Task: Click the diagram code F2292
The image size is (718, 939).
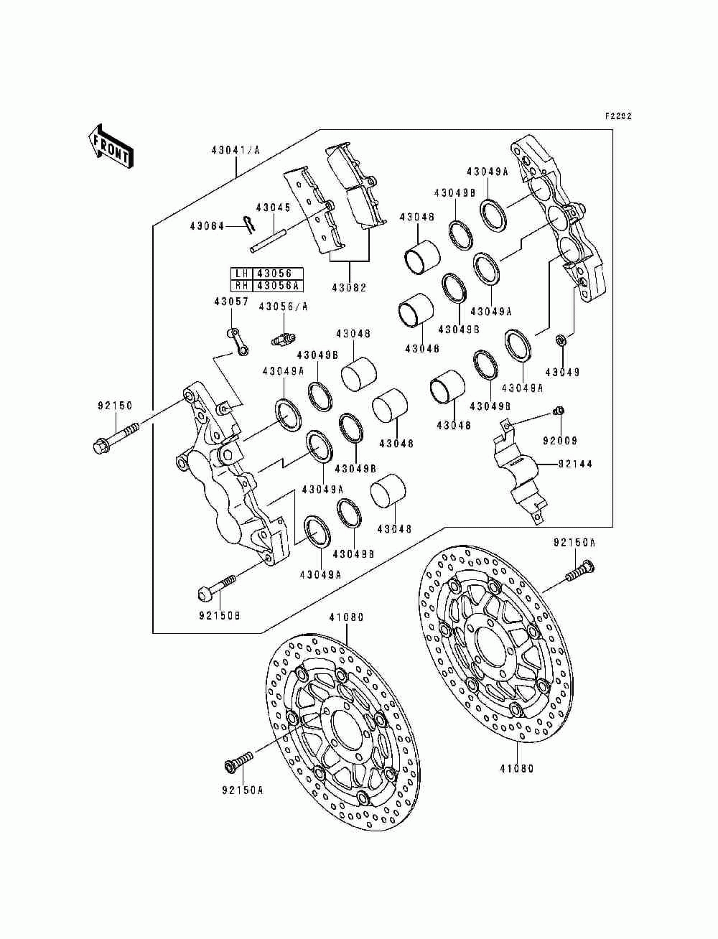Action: pyautogui.click(x=618, y=116)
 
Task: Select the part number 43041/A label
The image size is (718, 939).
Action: pyautogui.click(x=236, y=150)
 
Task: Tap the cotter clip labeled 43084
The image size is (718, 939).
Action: pyautogui.click(x=249, y=225)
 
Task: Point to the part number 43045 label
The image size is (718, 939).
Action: pyautogui.click(x=273, y=207)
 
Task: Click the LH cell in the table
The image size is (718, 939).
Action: pyautogui.click(x=242, y=274)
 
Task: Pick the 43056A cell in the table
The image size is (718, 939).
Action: pyautogui.click(x=278, y=285)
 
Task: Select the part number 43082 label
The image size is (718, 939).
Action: pyautogui.click(x=349, y=288)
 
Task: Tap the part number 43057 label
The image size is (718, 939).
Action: pyautogui.click(x=231, y=302)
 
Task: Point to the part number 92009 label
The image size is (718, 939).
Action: pyautogui.click(x=560, y=440)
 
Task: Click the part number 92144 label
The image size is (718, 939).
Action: pyautogui.click(x=575, y=464)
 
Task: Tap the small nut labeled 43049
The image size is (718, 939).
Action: pyautogui.click(x=561, y=341)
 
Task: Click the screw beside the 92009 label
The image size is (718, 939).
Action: pyautogui.click(x=559, y=411)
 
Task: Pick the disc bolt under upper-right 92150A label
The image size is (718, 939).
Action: pyautogui.click(x=580, y=571)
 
